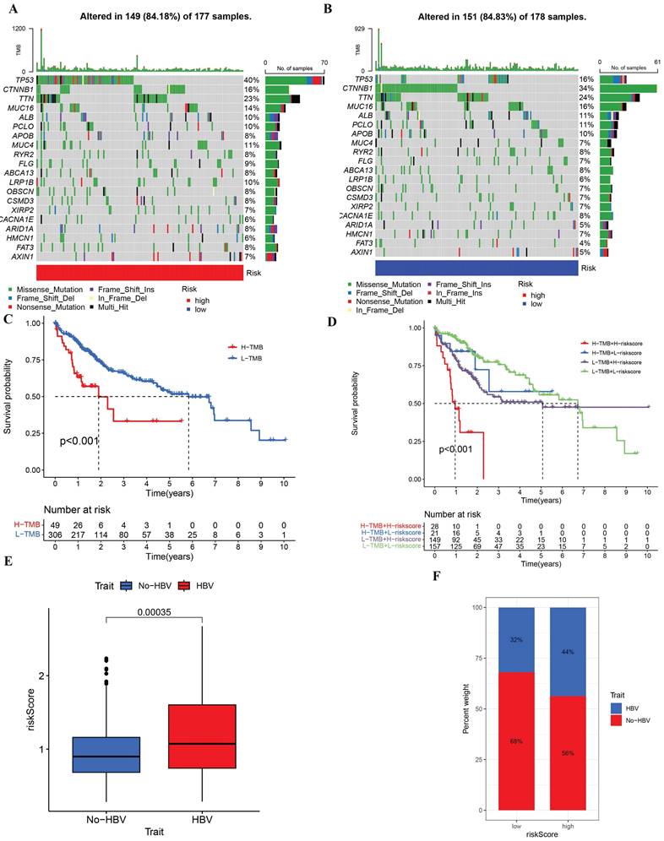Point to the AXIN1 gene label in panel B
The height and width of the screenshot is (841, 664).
click(359, 252)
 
